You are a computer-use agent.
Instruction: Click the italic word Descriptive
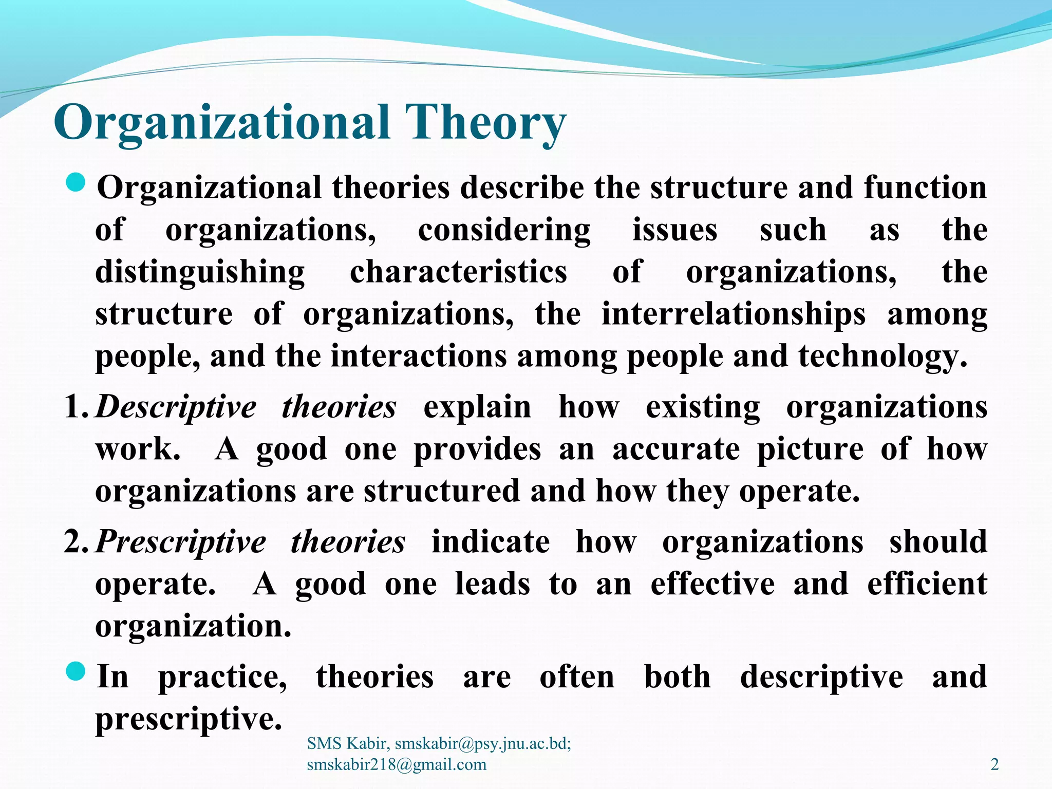coord(176,408)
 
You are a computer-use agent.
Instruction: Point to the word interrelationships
coord(733,314)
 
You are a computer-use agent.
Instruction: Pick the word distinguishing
coord(200,272)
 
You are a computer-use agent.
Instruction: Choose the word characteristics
coord(458,272)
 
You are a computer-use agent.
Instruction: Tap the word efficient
coord(927,585)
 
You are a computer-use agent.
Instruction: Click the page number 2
coord(994,764)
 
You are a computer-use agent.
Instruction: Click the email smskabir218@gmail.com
coord(396,764)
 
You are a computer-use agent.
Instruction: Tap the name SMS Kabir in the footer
coord(347,743)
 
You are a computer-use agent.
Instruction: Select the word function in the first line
coord(925,188)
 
